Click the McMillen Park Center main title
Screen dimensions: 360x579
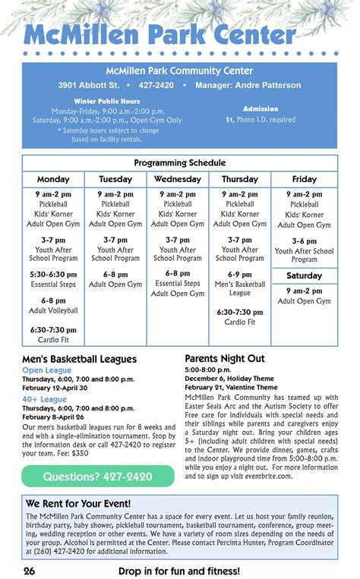pyautogui.click(x=159, y=35)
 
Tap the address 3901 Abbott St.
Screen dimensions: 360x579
pyautogui.click(x=89, y=85)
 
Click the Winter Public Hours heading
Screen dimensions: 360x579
pyautogui.click(x=107, y=101)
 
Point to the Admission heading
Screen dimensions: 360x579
pyautogui.click(x=261, y=109)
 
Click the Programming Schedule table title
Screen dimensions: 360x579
pyautogui.click(x=180, y=163)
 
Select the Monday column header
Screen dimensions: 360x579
pyautogui.click(x=53, y=179)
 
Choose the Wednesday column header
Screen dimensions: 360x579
pyautogui.click(x=178, y=179)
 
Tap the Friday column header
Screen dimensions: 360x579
pyautogui.click(x=305, y=179)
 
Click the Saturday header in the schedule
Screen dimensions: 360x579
pyautogui.click(x=305, y=275)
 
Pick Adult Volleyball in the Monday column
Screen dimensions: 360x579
pyautogui.click(x=53, y=310)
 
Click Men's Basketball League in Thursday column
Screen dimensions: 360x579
pyautogui.click(x=240, y=289)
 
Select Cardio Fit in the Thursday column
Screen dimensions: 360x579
pyautogui.click(x=240, y=323)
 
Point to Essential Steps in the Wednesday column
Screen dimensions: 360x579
pyautogui.click(x=178, y=283)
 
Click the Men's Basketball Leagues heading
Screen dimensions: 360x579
pyautogui.click(x=80, y=359)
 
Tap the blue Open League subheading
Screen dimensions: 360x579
pyautogui.click(x=47, y=370)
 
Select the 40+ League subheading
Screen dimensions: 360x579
pyautogui.click(x=45, y=399)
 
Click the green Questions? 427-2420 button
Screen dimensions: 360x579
pyautogui.click(x=98, y=477)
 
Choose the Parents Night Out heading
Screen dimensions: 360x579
pyautogui.click(x=225, y=357)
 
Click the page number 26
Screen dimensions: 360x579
pyautogui.click(x=29, y=570)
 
